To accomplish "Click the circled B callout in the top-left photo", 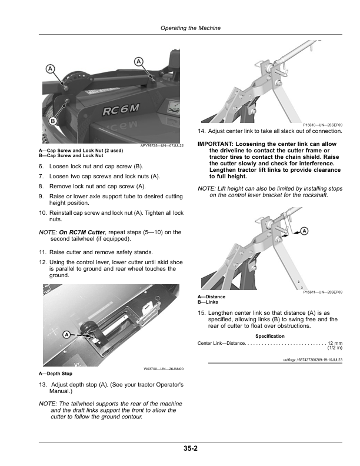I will click(52, 121).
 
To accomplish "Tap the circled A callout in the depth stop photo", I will click(66, 334).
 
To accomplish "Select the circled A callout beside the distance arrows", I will click(305, 230).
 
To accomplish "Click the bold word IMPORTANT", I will click(218, 144).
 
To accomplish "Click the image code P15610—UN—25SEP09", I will click(323, 125).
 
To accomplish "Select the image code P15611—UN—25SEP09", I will click(323, 292).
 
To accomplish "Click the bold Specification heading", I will click(270, 336).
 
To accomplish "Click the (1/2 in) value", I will click(335, 348).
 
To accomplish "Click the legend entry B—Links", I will click(210, 302).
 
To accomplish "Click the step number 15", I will click(202, 312).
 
